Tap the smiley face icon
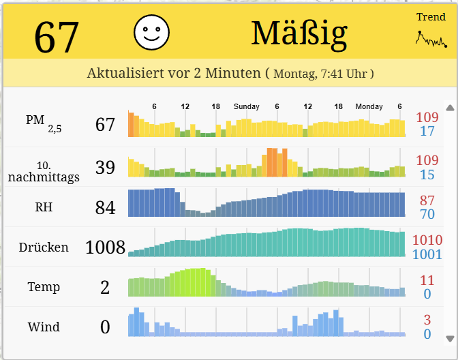pyautogui.click(x=151, y=33)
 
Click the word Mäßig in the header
pyautogui.click(x=299, y=33)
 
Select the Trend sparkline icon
pyautogui.click(x=431, y=39)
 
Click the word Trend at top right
pyautogui.click(x=431, y=17)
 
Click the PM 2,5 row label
pyautogui.click(x=43, y=122)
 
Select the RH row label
pyautogui.click(x=44, y=207)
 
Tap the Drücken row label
pyautogui.click(x=44, y=247)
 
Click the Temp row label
pyautogui.click(x=44, y=287)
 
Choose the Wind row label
pyautogui.click(x=44, y=327)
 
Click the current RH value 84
pyautogui.click(x=105, y=207)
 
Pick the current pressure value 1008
pyautogui.click(x=105, y=247)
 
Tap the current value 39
pyautogui.click(x=105, y=167)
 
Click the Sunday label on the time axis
pyautogui.click(x=246, y=107)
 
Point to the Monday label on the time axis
pyautogui.click(x=369, y=107)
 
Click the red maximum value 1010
pyautogui.click(x=427, y=239)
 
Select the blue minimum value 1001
pyautogui.click(x=427, y=254)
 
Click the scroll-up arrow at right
pyautogui.click(x=449, y=108)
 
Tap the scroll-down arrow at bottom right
pyautogui.click(x=449, y=338)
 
